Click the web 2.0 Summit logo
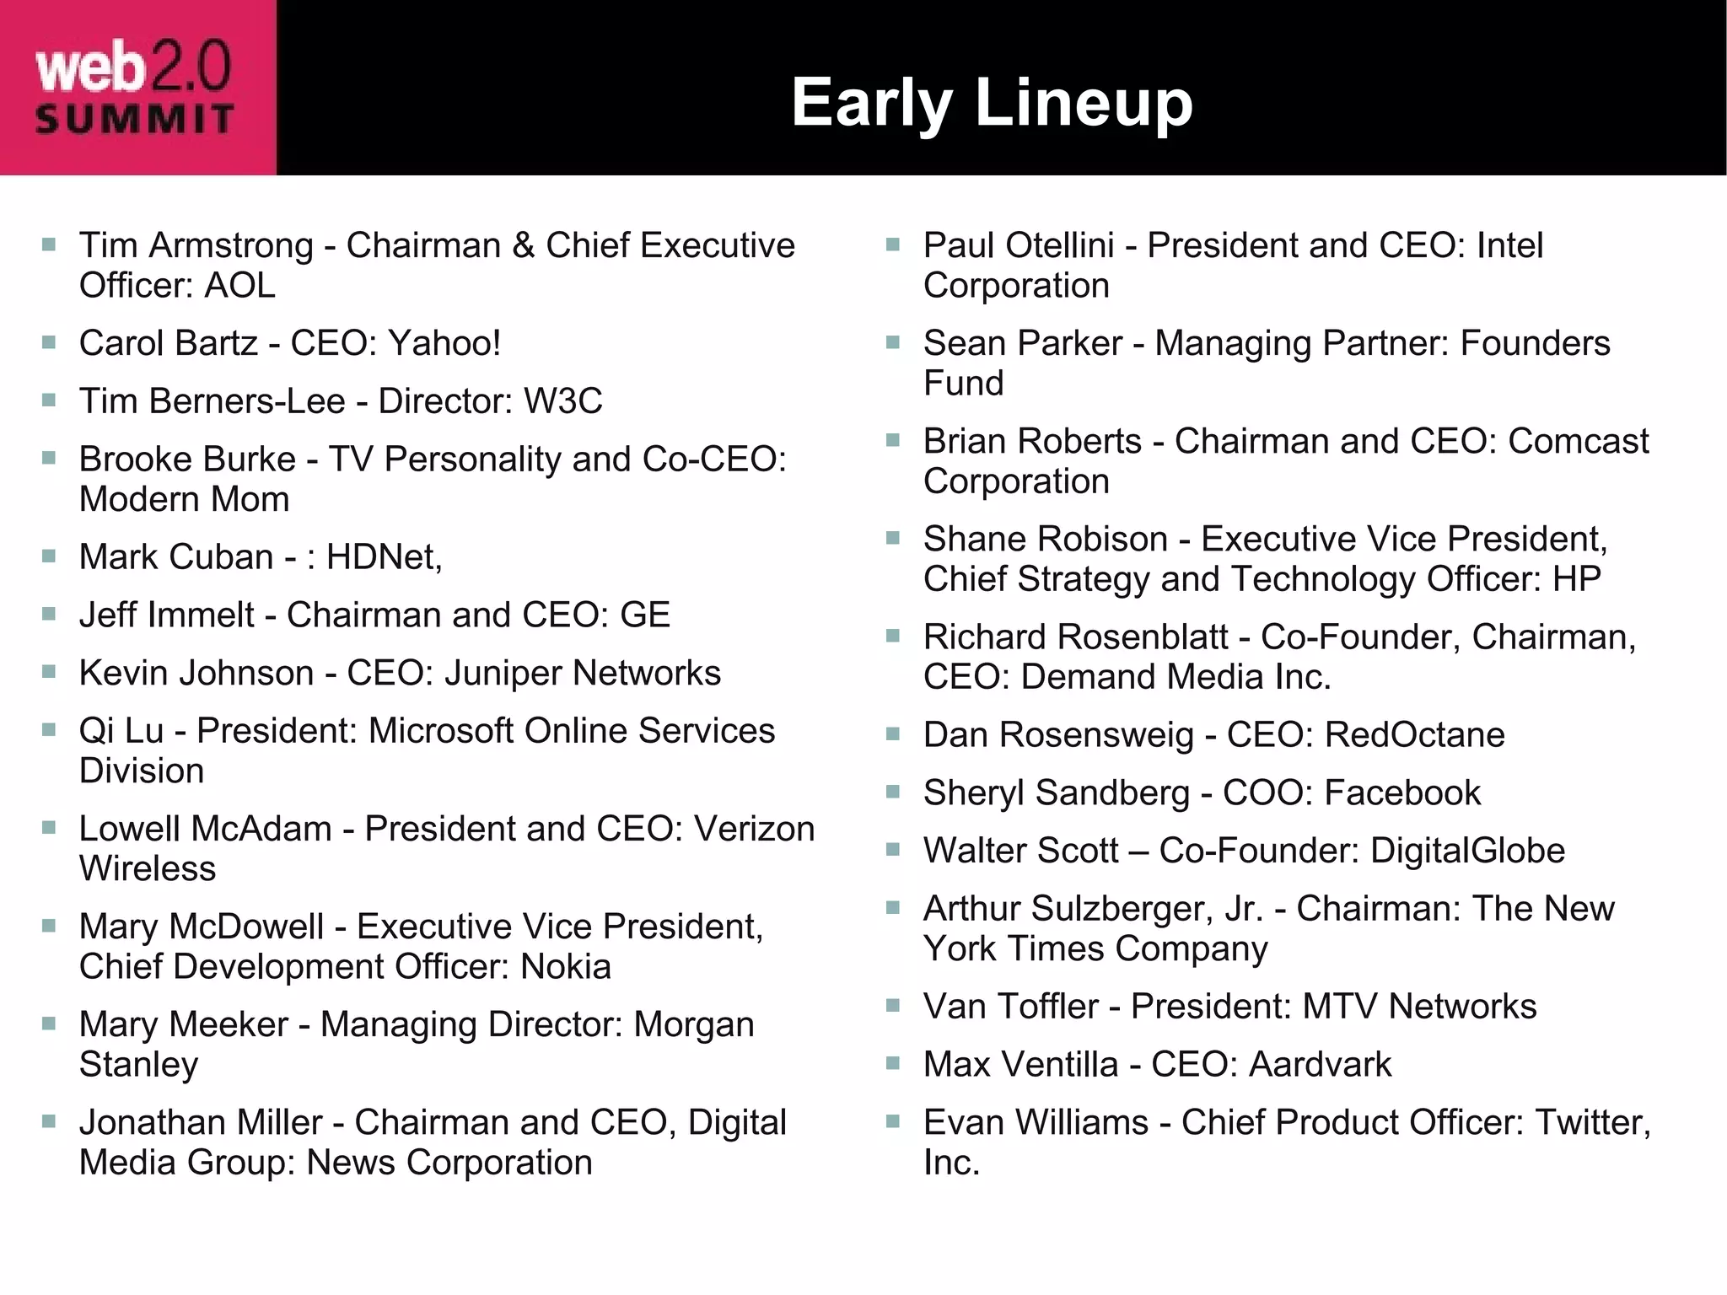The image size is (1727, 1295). click(135, 89)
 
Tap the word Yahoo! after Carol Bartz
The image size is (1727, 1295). click(444, 343)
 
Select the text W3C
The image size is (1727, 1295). click(562, 401)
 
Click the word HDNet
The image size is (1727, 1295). click(382, 557)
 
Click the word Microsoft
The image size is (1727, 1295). click(441, 731)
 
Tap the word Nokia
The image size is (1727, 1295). click(566, 967)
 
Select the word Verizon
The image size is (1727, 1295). click(755, 829)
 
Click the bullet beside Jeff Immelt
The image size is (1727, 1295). click(49, 614)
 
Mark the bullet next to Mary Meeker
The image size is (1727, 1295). click(49, 1024)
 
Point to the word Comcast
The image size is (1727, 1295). click(1579, 442)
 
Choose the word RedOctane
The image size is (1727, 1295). click(1414, 735)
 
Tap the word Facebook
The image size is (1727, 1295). click(1402, 793)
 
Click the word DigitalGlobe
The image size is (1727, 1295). click(1467, 851)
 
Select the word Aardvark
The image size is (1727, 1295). click(1320, 1065)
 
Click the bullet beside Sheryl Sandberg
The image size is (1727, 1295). click(893, 792)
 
